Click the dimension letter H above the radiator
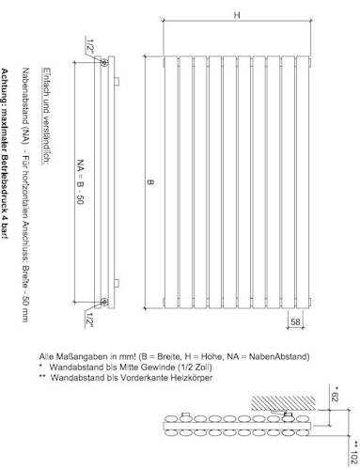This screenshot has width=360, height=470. (238, 15)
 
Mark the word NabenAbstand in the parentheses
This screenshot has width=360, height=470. (290, 356)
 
